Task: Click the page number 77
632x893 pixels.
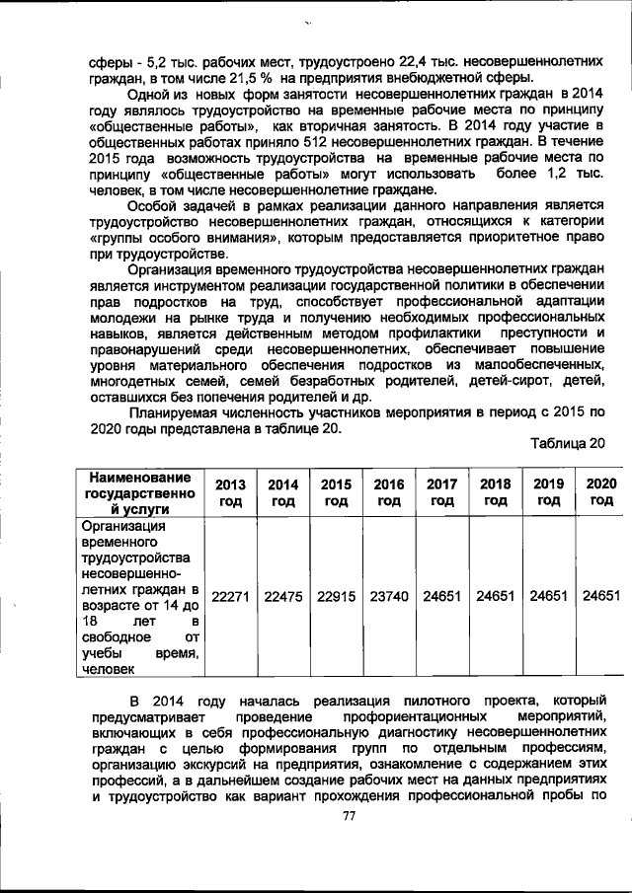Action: [x=348, y=816]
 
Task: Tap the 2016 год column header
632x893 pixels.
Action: [x=389, y=492]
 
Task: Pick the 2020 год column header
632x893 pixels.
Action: [x=600, y=492]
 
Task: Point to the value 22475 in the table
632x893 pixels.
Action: [x=283, y=597]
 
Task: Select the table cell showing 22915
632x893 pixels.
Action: [x=336, y=597]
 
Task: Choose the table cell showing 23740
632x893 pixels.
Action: [x=389, y=597]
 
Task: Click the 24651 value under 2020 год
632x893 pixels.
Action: [x=600, y=597]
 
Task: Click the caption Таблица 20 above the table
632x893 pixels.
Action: [x=567, y=443]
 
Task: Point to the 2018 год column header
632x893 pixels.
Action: [x=495, y=492]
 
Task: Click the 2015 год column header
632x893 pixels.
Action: [x=336, y=492]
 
